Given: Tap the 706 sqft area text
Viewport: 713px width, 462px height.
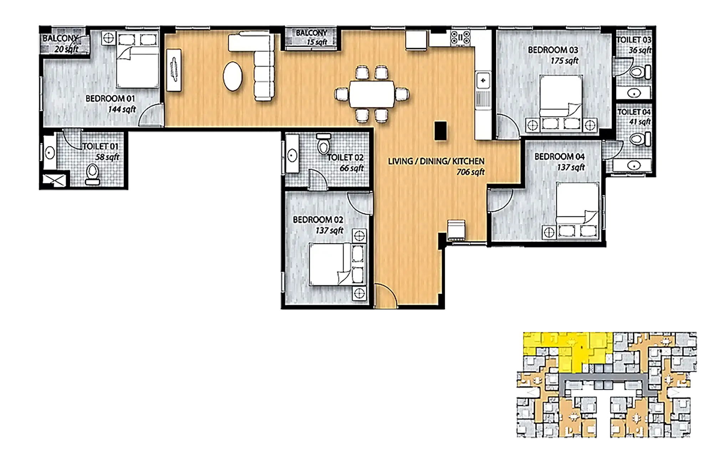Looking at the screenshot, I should (x=470, y=172).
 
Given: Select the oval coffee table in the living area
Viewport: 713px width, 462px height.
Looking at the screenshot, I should (x=233, y=76).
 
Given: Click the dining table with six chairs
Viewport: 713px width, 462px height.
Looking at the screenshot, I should (x=372, y=94).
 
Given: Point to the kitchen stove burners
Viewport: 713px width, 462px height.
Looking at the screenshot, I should (x=461, y=37).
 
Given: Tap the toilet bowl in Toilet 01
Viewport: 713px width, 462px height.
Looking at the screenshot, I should (x=93, y=173).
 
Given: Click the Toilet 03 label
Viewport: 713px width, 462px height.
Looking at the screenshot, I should (x=634, y=40).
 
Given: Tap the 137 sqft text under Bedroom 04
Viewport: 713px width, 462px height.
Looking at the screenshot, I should (x=571, y=167).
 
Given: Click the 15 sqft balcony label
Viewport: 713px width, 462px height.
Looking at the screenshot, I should (x=317, y=42).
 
